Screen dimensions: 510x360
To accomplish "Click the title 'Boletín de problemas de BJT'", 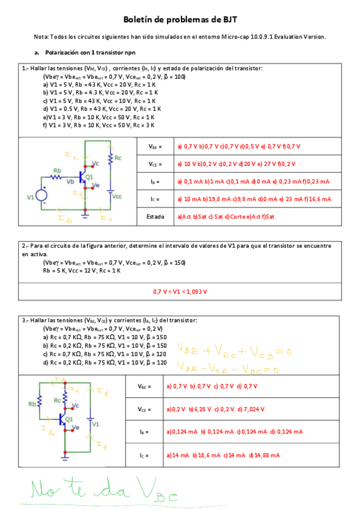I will [x=180, y=20].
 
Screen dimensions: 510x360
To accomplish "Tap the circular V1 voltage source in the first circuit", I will [x=43, y=195].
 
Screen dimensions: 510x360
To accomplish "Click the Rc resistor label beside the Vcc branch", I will [x=118, y=158].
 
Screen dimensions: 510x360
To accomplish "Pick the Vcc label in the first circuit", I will [x=117, y=196].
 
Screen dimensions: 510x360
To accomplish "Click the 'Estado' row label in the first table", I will [x=157, y=216].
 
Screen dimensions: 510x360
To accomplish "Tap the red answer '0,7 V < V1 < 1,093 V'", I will [x=180, y=292].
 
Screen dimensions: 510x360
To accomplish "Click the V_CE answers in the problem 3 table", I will [x=213, y=409].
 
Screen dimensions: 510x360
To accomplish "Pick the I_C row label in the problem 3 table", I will [x=142, y=455].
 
